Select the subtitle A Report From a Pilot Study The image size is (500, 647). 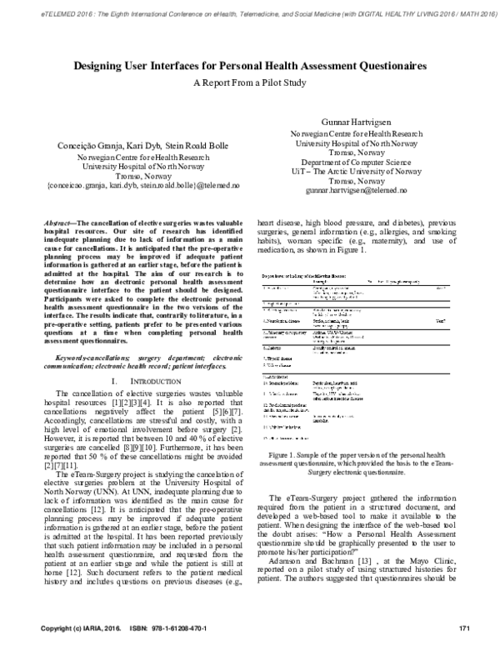(x=249, y=83)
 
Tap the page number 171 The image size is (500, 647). (x=466, y=627)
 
